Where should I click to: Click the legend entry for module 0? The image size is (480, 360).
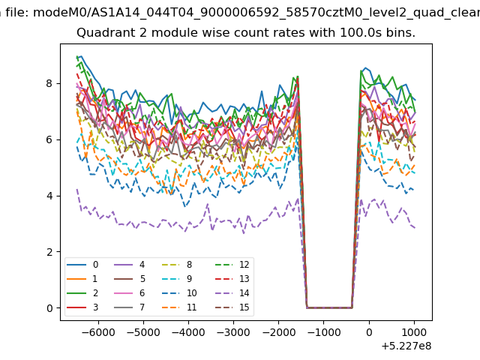[82, 265]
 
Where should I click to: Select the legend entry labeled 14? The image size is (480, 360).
[232, 293]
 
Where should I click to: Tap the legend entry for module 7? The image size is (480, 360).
[129, 307]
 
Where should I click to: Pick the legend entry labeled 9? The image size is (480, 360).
[177, 278]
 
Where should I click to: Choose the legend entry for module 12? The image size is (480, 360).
[232, 265]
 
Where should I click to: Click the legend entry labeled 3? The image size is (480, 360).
[82, 307]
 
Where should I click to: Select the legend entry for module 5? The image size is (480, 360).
[129, 278]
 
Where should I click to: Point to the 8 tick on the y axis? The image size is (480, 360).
[49, 83]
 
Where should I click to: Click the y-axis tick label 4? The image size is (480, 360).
[49, 196]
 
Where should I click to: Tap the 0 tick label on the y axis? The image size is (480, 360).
[49, 308]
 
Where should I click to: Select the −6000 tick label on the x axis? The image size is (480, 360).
[98, 332]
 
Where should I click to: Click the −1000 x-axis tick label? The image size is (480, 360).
[323, 332]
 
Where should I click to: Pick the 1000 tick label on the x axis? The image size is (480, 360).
[414, 332]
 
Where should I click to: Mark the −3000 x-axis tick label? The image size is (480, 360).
[233, 332]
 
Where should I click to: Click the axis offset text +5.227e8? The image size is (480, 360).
[406, 346]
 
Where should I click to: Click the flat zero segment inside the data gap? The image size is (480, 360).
[329, 307]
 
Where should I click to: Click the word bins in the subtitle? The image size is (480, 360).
[400, 32]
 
